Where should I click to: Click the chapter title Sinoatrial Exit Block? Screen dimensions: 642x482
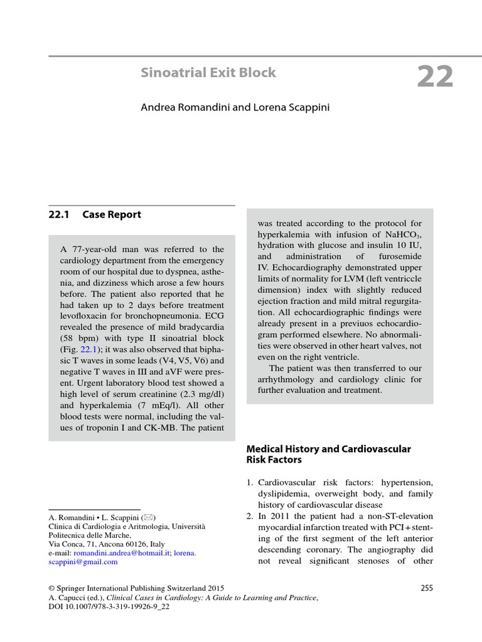[x=208, y=73]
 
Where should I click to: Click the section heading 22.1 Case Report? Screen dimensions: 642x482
[x=95, y=214]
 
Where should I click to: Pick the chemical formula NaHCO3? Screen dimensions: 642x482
[x=405, y=234]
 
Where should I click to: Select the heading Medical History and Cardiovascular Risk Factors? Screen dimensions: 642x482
[x=328, y=454]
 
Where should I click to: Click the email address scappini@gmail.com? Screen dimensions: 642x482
[x=83, y=562]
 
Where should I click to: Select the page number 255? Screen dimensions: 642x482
[x=425, y=587]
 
